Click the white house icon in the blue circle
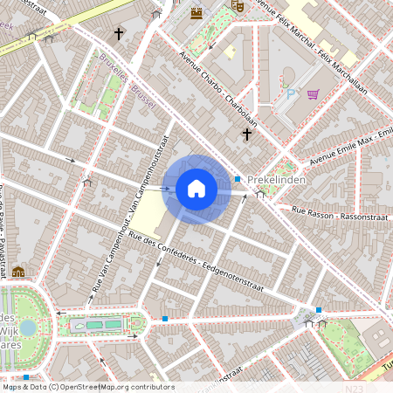[196, 189]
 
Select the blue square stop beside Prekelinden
[238, 179]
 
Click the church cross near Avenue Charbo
[248, 134]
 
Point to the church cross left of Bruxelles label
[119, 34]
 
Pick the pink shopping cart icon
[313, 93]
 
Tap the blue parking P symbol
[291, 93]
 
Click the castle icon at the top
[196, 12]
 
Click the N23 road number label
[354, 387]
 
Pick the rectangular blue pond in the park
[100, 325]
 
